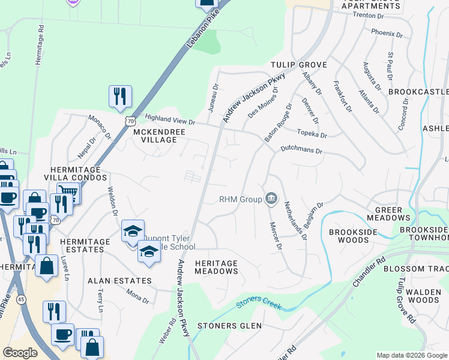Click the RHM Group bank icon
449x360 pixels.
tap(271, 199)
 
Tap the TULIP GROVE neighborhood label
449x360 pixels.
tap(298, 65)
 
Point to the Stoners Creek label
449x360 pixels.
tap(259, 304)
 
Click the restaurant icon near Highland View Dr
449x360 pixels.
tap(120, 97)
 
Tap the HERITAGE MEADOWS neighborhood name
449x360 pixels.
tap(217, 268)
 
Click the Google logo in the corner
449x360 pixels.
tap(20, 353)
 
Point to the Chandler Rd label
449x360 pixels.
tap(368, 271)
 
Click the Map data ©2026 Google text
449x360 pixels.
tap(412, 355)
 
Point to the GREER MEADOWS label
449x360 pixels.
tap(392, 214)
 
